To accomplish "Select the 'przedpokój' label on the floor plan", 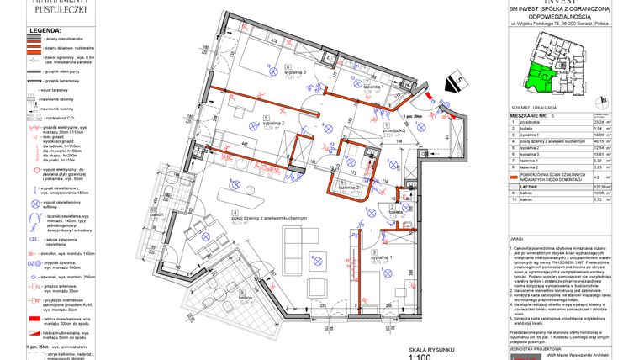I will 395,131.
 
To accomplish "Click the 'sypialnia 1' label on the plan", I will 383,257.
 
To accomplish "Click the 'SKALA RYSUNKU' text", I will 431,347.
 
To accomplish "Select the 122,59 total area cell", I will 601,186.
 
